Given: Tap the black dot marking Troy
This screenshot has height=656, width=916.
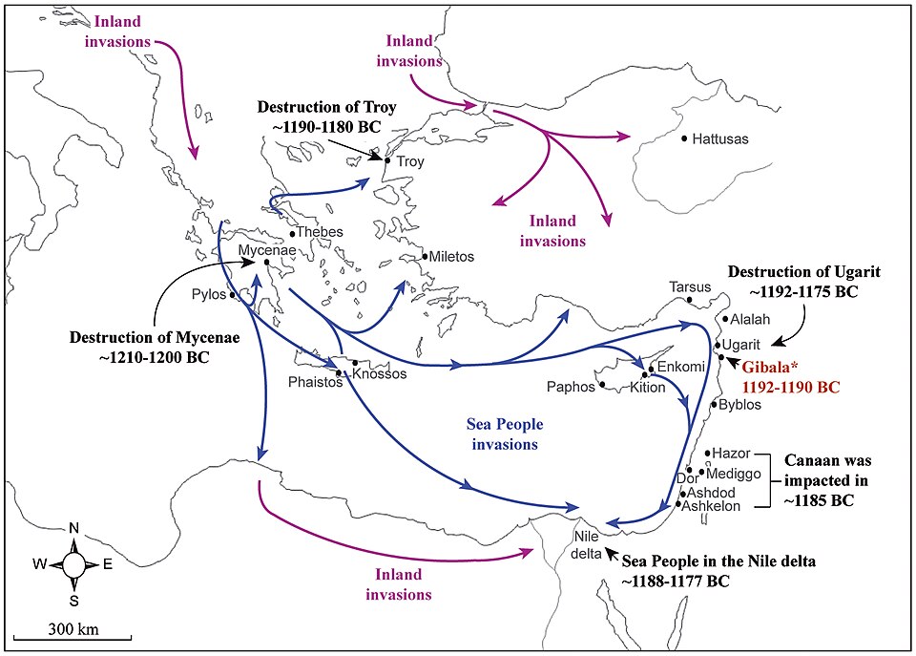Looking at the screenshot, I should click(x=386, y=160).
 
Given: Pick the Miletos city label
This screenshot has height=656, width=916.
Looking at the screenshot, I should click(x=451, y=257).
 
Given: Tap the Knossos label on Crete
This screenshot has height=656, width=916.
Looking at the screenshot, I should click(x=379, y=373).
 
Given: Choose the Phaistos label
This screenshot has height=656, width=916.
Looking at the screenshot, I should click(x=314, y=381).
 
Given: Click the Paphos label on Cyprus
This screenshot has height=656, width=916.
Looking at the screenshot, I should click(x=571, y=387).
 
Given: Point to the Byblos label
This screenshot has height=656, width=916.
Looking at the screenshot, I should click(x=740, y=405).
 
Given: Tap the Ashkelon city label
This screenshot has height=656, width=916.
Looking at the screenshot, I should click(x=712, y=506).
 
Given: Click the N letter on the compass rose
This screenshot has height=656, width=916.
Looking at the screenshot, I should click(x=73, y=530).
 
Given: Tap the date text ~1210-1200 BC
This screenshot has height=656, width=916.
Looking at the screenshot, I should click(x=139, y=357).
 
